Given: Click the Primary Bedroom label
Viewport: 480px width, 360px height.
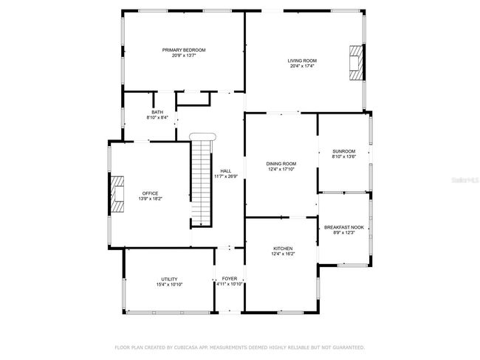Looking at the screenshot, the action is click(x=184, y=50).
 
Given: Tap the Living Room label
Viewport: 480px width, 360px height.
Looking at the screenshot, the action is click(x=302, y=60).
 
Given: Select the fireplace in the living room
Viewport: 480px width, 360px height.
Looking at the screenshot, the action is click(x=357, y=63).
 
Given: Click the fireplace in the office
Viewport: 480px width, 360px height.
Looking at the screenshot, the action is click(x=117, y=194).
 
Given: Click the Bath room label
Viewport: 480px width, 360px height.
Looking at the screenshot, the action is click(x=157, y=112).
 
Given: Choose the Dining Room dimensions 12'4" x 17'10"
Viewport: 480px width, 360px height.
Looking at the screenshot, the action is click(x=281, y=169).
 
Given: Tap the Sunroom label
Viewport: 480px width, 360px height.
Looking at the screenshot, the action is click(x=344, y=151).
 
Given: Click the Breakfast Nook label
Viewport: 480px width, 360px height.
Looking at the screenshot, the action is click(x=344, y=227).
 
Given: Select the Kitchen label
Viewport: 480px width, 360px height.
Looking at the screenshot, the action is click(x=283, y=249).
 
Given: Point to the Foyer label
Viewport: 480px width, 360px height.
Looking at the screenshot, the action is click(x=229, y=279).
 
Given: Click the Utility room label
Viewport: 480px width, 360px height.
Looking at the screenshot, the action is click(x=169, y=279).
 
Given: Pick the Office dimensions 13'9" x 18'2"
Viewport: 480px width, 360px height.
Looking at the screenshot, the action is click(x=151, y=198).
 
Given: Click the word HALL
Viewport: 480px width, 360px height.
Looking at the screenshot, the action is click(x=226, y=171).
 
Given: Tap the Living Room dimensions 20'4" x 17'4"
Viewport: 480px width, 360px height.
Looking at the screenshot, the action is click(x=302, y=66).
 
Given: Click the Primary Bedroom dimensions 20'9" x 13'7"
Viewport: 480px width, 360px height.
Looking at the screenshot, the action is click(x=184, y=55).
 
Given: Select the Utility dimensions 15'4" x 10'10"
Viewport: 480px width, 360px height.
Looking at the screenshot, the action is click(x=169, y=284).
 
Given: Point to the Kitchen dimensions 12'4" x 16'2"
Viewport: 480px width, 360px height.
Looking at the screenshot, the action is click(x=283, y=254).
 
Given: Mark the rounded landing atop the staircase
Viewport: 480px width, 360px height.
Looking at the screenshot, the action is click(x=202, y=136).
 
